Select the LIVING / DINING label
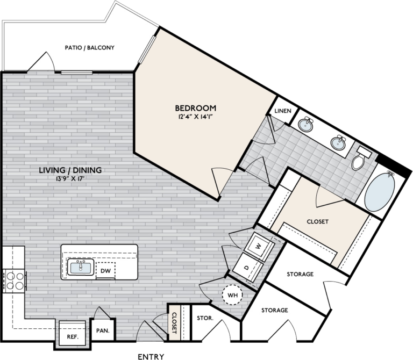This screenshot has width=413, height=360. (70, 171)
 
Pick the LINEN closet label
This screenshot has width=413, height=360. (283, 111)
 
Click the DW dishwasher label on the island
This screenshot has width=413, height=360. (106, 271)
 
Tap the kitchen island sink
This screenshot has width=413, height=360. (81, 267)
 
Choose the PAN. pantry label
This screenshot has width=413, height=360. (102, 332)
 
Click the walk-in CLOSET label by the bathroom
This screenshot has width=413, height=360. (317, 221)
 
